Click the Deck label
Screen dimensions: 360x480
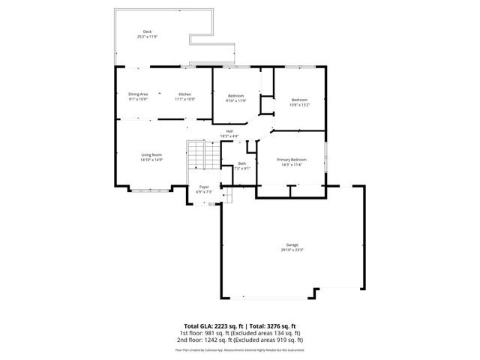point(147,31)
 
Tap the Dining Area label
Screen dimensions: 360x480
point(138,94)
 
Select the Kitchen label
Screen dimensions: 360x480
point(185,94)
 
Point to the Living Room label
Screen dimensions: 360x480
point(151,154)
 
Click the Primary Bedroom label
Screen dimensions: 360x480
point(291,159)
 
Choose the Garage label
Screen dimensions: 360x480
point(292,245)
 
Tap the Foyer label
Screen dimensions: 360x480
point(203,187)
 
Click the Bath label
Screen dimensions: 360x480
point(242,163)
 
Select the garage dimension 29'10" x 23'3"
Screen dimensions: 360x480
point(292,250)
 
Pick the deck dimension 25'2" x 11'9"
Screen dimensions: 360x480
point(147,36)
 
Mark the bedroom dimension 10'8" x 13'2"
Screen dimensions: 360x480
point(299,104)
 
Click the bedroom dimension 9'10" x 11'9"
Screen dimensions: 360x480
point(236,100)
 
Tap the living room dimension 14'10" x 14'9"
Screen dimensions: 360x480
point(151,160)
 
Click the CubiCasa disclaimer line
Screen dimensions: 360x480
point(240,349)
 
